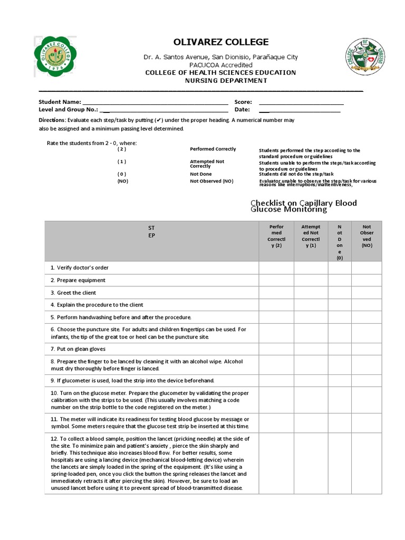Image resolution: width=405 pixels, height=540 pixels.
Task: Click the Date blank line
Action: pos(300,110)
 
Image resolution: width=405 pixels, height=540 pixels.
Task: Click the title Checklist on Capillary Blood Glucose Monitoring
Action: pos(303,206)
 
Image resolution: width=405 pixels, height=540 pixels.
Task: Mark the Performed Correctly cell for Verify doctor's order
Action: pos(276,268)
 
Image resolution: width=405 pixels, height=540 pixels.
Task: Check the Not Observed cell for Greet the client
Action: pos(367,293)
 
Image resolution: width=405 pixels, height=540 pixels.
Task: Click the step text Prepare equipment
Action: pos(78,280)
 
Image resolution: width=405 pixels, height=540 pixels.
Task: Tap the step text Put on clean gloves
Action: pos(78,349)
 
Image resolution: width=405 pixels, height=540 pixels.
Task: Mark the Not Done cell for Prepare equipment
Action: pos(340,280)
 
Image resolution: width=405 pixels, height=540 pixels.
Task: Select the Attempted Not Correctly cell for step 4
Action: pos(311,305)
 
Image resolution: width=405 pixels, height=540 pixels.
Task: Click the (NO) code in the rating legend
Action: pos(122,181)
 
